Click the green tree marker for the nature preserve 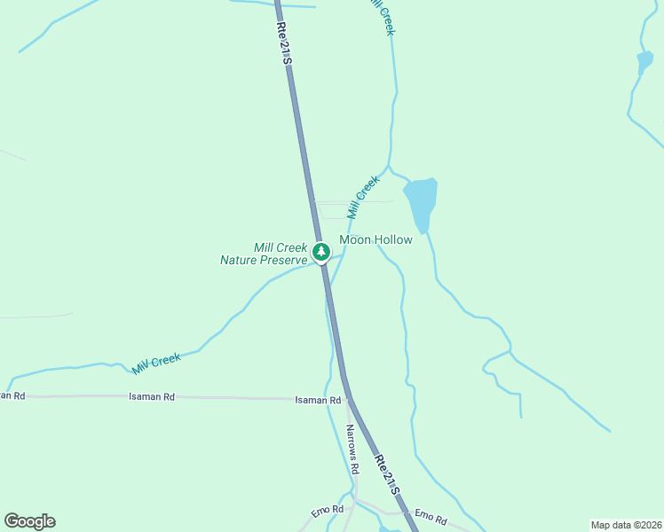point(321,252)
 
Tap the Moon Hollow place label point(375,240)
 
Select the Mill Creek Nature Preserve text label point(265,254)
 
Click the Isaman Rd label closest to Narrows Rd point(318,401)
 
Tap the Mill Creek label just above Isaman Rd point(156,362)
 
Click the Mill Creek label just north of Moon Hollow point(363,197)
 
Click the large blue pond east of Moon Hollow point(422,200)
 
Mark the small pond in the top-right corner point(644,63)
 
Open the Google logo point(29,521)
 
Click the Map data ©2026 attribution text point(625,525)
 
